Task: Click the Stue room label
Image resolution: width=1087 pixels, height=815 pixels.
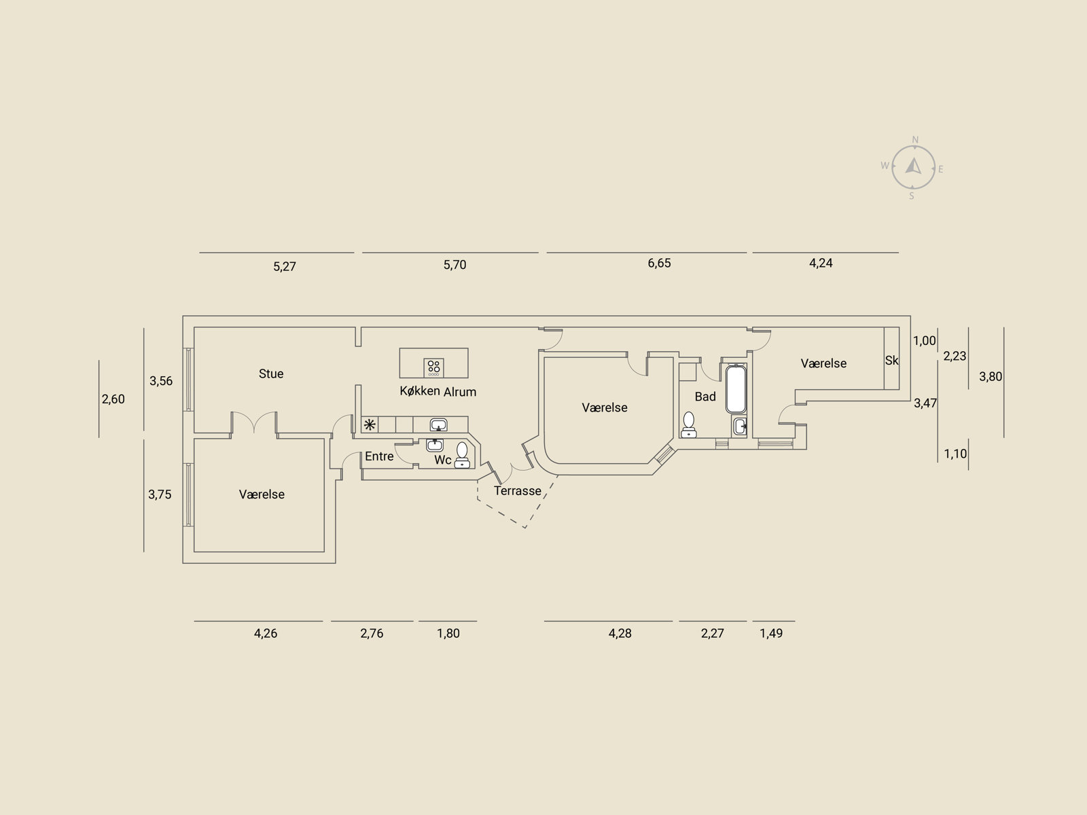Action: click(x=271, y=374)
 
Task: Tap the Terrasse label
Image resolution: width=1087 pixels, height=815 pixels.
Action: click(x=518, y=491)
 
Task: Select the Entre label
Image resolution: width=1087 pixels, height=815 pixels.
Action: click(x=379, y=456)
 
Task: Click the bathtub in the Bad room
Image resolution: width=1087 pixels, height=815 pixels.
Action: click(x=736, y=389)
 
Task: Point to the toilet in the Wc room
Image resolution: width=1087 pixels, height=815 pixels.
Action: click(x=462, y=455)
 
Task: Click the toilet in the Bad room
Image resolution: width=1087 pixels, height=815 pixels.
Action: click(x=689, y=425)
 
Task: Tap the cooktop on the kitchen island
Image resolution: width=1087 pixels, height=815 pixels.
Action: click(x=434, y=367)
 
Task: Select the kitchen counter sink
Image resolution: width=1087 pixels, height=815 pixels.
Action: click(x=438, y=424)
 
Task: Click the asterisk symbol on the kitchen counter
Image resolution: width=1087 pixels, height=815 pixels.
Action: click(x=370, y=424)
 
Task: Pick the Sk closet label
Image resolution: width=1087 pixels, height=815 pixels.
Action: click(x=892, y=361)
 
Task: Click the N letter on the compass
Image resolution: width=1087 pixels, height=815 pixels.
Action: click(x=915, y=140)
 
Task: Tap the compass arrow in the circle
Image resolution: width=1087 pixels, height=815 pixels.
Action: click(x=913, y=166)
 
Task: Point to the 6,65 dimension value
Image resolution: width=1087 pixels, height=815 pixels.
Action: click(x=659, y=264)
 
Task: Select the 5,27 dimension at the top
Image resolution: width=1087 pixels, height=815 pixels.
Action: click(x=285, y=267)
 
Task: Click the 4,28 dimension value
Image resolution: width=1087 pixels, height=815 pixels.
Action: click(x=620, y=634)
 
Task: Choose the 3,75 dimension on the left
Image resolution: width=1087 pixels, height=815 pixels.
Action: click(x=160, y=494)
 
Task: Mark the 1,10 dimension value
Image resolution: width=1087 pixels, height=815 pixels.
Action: click(x=955, y=454)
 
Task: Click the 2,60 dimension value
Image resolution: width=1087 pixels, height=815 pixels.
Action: click(x=113, y=399)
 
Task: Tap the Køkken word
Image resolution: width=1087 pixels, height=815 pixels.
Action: click(x=420, y=391)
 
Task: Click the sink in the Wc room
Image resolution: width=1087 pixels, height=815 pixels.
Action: click(x=435, y=445)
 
